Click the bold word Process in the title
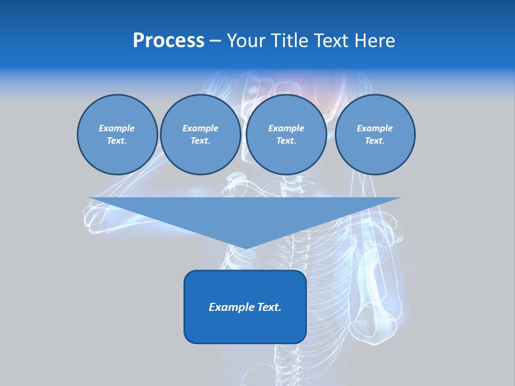pos(168,41)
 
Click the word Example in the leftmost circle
pos(117,128)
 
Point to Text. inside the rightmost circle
pos(374,140)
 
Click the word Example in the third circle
pos(286,128)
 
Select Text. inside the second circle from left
pos(200,140)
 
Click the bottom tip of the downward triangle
pos(245,248)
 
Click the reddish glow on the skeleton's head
pos(327,99)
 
